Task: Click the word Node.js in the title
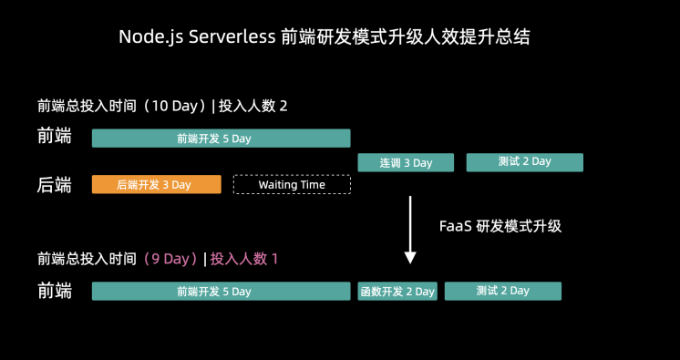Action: (x=150, y=37)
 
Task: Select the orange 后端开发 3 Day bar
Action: (x=156, y=184)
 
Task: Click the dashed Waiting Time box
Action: (x=292, y=184)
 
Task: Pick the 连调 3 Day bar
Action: (x=407, y=162)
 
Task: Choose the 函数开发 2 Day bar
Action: (x=397, y=292)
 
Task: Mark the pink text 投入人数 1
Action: (x=244, y=259)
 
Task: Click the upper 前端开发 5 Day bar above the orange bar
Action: (x=222, y=139)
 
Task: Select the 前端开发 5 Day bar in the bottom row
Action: (x=222, y=292)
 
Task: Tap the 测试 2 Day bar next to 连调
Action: (x=525, y=162)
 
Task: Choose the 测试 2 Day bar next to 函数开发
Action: (x=503, y=292)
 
